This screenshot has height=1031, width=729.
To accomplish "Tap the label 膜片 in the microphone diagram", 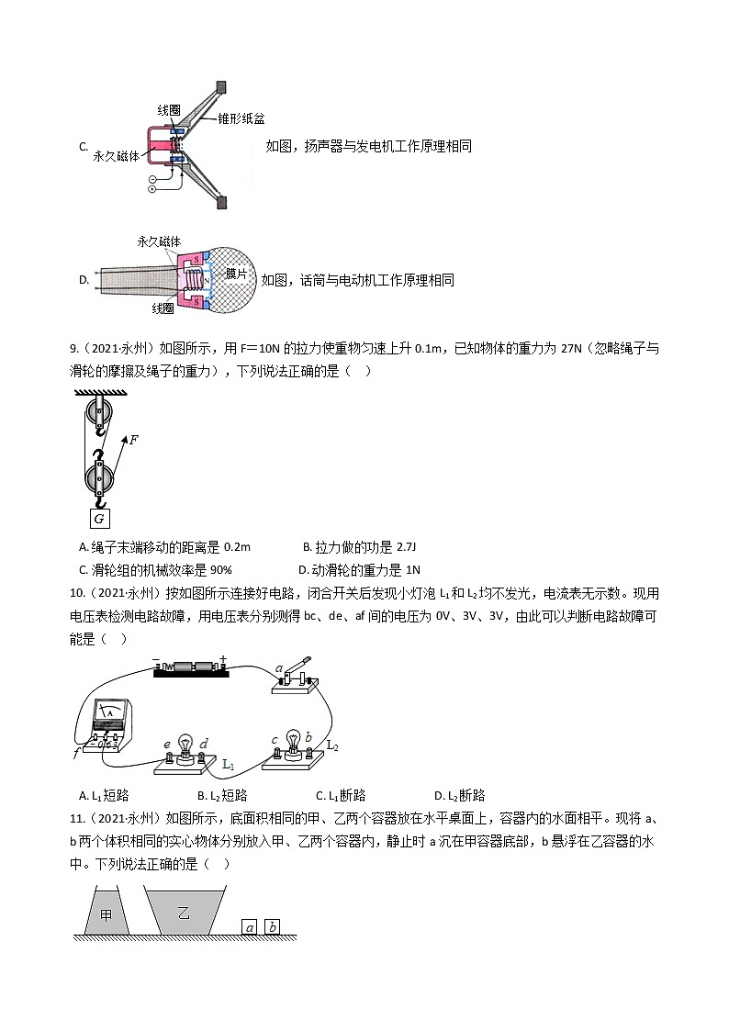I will [236, 274].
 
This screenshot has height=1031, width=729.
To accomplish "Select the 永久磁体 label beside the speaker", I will [117, 156].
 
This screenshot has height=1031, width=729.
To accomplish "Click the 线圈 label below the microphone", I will [163, 308].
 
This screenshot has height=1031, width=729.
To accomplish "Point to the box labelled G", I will [99, 520].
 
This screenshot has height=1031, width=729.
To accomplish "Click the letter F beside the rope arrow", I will [134, 440].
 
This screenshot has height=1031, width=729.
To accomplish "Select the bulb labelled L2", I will [293, 742].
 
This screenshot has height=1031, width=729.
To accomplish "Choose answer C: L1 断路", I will [341, 795].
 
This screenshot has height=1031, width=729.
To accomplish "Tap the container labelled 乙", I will [183, 913].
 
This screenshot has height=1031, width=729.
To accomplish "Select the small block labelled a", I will [249, 927].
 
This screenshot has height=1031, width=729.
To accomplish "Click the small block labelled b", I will [273, 927].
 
